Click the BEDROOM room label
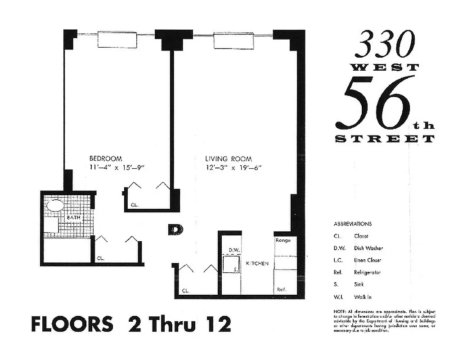[x=106, y=158]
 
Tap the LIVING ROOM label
[x=229, y=159]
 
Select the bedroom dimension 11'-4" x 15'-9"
[x=119, y=168]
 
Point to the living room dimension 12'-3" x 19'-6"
[x=233, y=168]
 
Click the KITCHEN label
[x=257, y=263]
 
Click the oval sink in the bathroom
[x=55, y=206]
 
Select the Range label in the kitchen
[x=283, y=240]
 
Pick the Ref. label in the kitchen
[x=282, y=289]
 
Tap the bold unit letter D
[x=175, y=229]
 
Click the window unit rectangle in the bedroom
[x=117, y=39]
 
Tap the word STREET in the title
[x=385, y=139]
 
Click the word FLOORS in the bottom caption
[x=72, y=324]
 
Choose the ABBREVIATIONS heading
[x=353, y=224]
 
